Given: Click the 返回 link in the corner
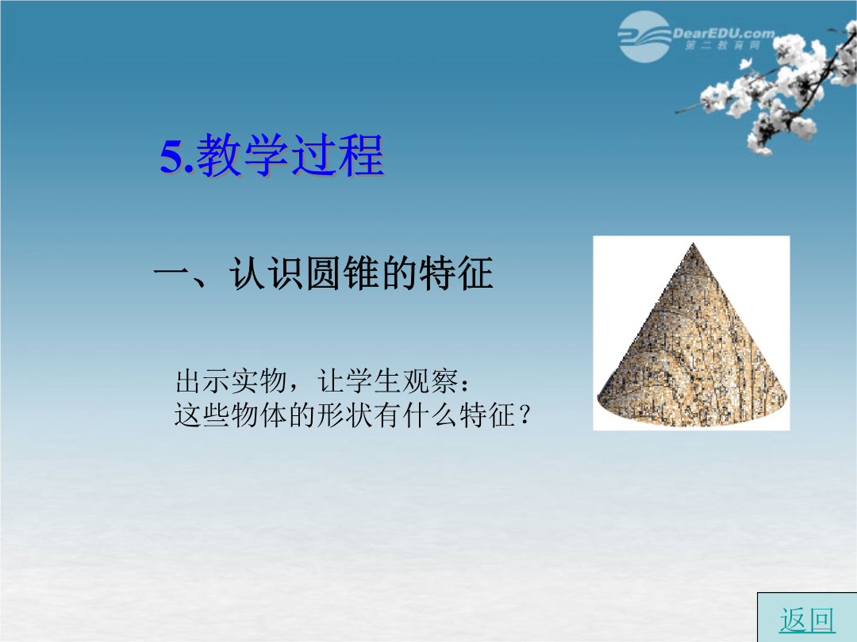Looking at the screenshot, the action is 807,620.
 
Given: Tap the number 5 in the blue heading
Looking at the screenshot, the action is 171,157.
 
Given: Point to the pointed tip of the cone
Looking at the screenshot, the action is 693,243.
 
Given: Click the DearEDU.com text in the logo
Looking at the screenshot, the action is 724,33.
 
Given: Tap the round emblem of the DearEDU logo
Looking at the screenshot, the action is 644,36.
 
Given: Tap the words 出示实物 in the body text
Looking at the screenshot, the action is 231,381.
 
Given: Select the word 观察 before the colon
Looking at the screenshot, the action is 430,381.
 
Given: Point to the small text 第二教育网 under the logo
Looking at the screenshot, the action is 723,46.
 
